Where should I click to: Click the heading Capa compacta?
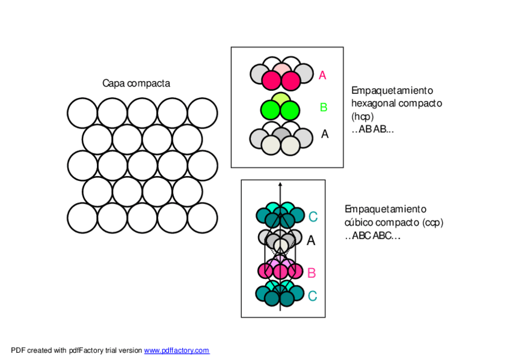pyautogui.click(x=136, y=84)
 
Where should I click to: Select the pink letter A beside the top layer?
pyautogui.click(x=322, y=76)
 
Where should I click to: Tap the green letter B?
pyautogui.click(x=323, y=108)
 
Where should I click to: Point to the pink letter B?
pyautogui.click(x=312, y=273)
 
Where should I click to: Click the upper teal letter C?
pyautogui.click(x=313, y=217)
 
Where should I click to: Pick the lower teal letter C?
pyautogui.click(x=312, y=296)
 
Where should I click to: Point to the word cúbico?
pyautogui.click(x=360, y=222)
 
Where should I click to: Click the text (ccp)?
pyautogui.click(x=432, y=222)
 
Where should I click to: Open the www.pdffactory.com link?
pyautogui.click(x=176, y=350)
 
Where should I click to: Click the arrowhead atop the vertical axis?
pyautogui.click(x=280, y=183)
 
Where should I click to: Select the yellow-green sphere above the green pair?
pyautogui.click(x=281, y=99)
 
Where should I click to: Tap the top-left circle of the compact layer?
pyautogui.click(x=82, y=113)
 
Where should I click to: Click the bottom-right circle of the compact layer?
pyautogui.click(x=202, y=218)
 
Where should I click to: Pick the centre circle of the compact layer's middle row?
pyautogui.click(x=142, y=165)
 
